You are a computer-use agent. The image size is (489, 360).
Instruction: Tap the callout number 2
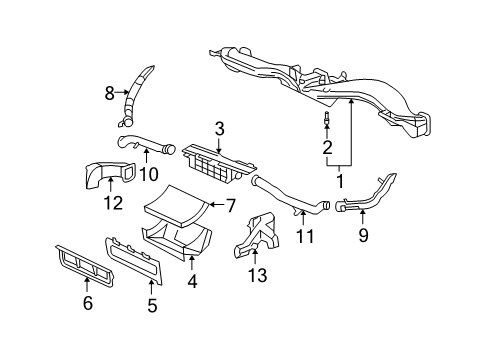coord(325,148)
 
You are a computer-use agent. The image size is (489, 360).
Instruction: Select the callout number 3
coord(219,129)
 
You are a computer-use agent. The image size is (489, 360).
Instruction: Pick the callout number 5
coord(152,306)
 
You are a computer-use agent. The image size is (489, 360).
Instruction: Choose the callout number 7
coord(229,206)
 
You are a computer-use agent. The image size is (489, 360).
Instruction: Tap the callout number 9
coord(363,236)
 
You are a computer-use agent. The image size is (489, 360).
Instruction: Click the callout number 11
coord(305,236)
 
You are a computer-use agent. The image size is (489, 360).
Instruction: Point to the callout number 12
coord(113,204)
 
